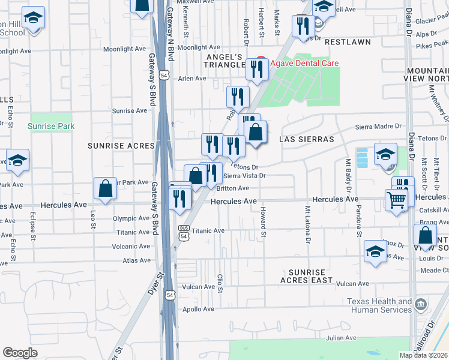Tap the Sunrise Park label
tap(51, 127)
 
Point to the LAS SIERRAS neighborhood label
tap(306, 139)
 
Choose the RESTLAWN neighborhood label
tap(348, 43)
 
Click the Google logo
tap(20, 352)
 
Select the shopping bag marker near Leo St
tap(106, 188)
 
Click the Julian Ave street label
tap(342, 337)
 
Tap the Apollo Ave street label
tap(199, 309)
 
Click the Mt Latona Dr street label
tap(308, 224)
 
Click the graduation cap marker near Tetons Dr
tap(385, 154)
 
